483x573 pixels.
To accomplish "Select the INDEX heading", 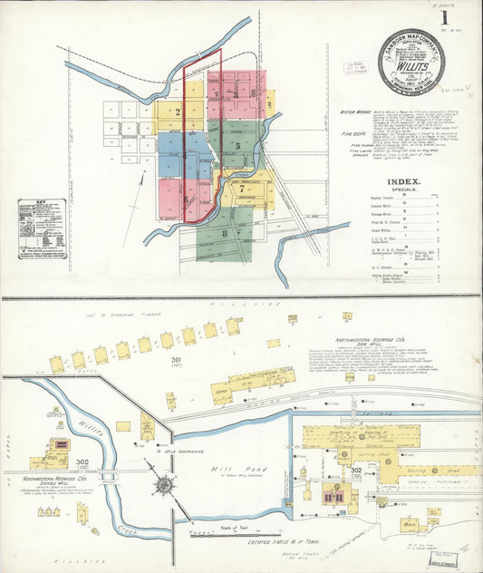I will tap(405, 181).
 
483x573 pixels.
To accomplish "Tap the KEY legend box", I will tap(42, 228).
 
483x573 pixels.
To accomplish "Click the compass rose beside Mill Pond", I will tap(164, 484).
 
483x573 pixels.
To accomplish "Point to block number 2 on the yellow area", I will tap(179, 112).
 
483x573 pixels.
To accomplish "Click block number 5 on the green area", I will tap(237, 145).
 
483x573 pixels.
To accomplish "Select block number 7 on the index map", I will tap(242, 189).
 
